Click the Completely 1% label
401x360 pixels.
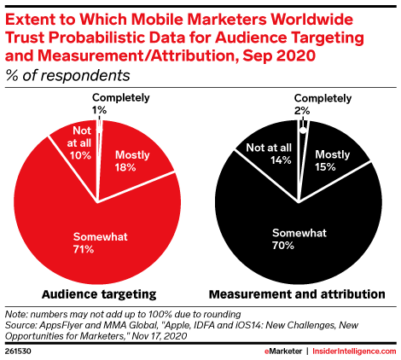coord(121,103)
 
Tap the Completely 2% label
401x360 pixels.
coord(323,104)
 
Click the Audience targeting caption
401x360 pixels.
coord(99,294)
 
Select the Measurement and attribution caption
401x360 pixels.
coord(297,294)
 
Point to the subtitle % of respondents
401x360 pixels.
coord(67,76)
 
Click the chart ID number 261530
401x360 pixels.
coord(18,351)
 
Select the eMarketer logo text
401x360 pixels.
coord(283,351)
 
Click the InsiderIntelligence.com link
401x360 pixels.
coord(354,351)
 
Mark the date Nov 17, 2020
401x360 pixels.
coord(160,336)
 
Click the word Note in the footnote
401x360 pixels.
coord(16,315)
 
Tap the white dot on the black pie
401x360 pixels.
coord(303,131)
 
